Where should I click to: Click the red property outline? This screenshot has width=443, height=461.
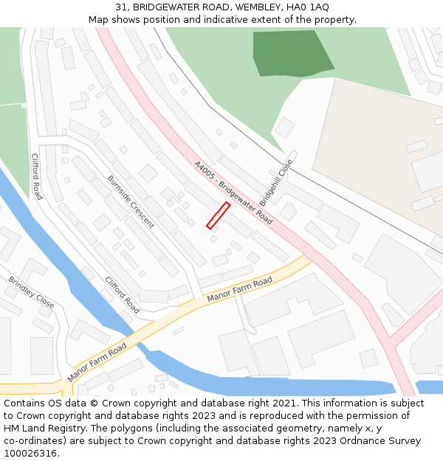[218, 215]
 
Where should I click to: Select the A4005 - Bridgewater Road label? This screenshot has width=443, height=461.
[233, 193]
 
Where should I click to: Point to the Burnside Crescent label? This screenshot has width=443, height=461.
[131, 201]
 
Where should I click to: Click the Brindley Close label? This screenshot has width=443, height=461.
[31, 292]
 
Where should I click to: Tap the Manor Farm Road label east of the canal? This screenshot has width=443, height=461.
[240, 289]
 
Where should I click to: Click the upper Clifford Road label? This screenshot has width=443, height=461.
[36, 176]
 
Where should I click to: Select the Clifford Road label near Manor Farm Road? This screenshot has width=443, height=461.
[122, 295]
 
